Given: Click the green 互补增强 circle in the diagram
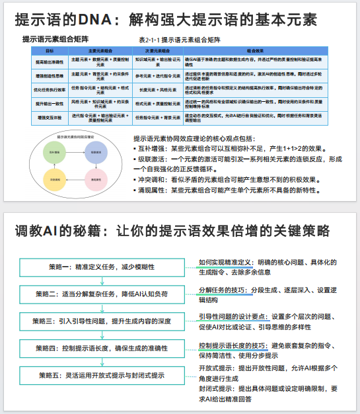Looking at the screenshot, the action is tap(54, 151).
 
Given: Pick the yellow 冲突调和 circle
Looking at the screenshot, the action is tap(54, 179).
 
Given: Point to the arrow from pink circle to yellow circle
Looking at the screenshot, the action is tap(74, 179).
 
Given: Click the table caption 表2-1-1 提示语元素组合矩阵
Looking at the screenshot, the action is tap(180, 40).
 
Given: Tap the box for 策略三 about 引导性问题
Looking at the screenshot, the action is tap(96, 321).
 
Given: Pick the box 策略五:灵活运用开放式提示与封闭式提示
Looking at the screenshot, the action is tap(96, 375).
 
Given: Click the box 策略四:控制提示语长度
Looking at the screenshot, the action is tap(96, 348).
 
